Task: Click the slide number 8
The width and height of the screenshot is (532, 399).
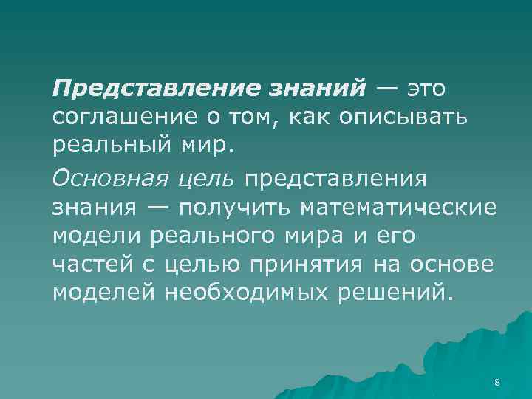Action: pyautogui.click(x=497, y=382)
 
